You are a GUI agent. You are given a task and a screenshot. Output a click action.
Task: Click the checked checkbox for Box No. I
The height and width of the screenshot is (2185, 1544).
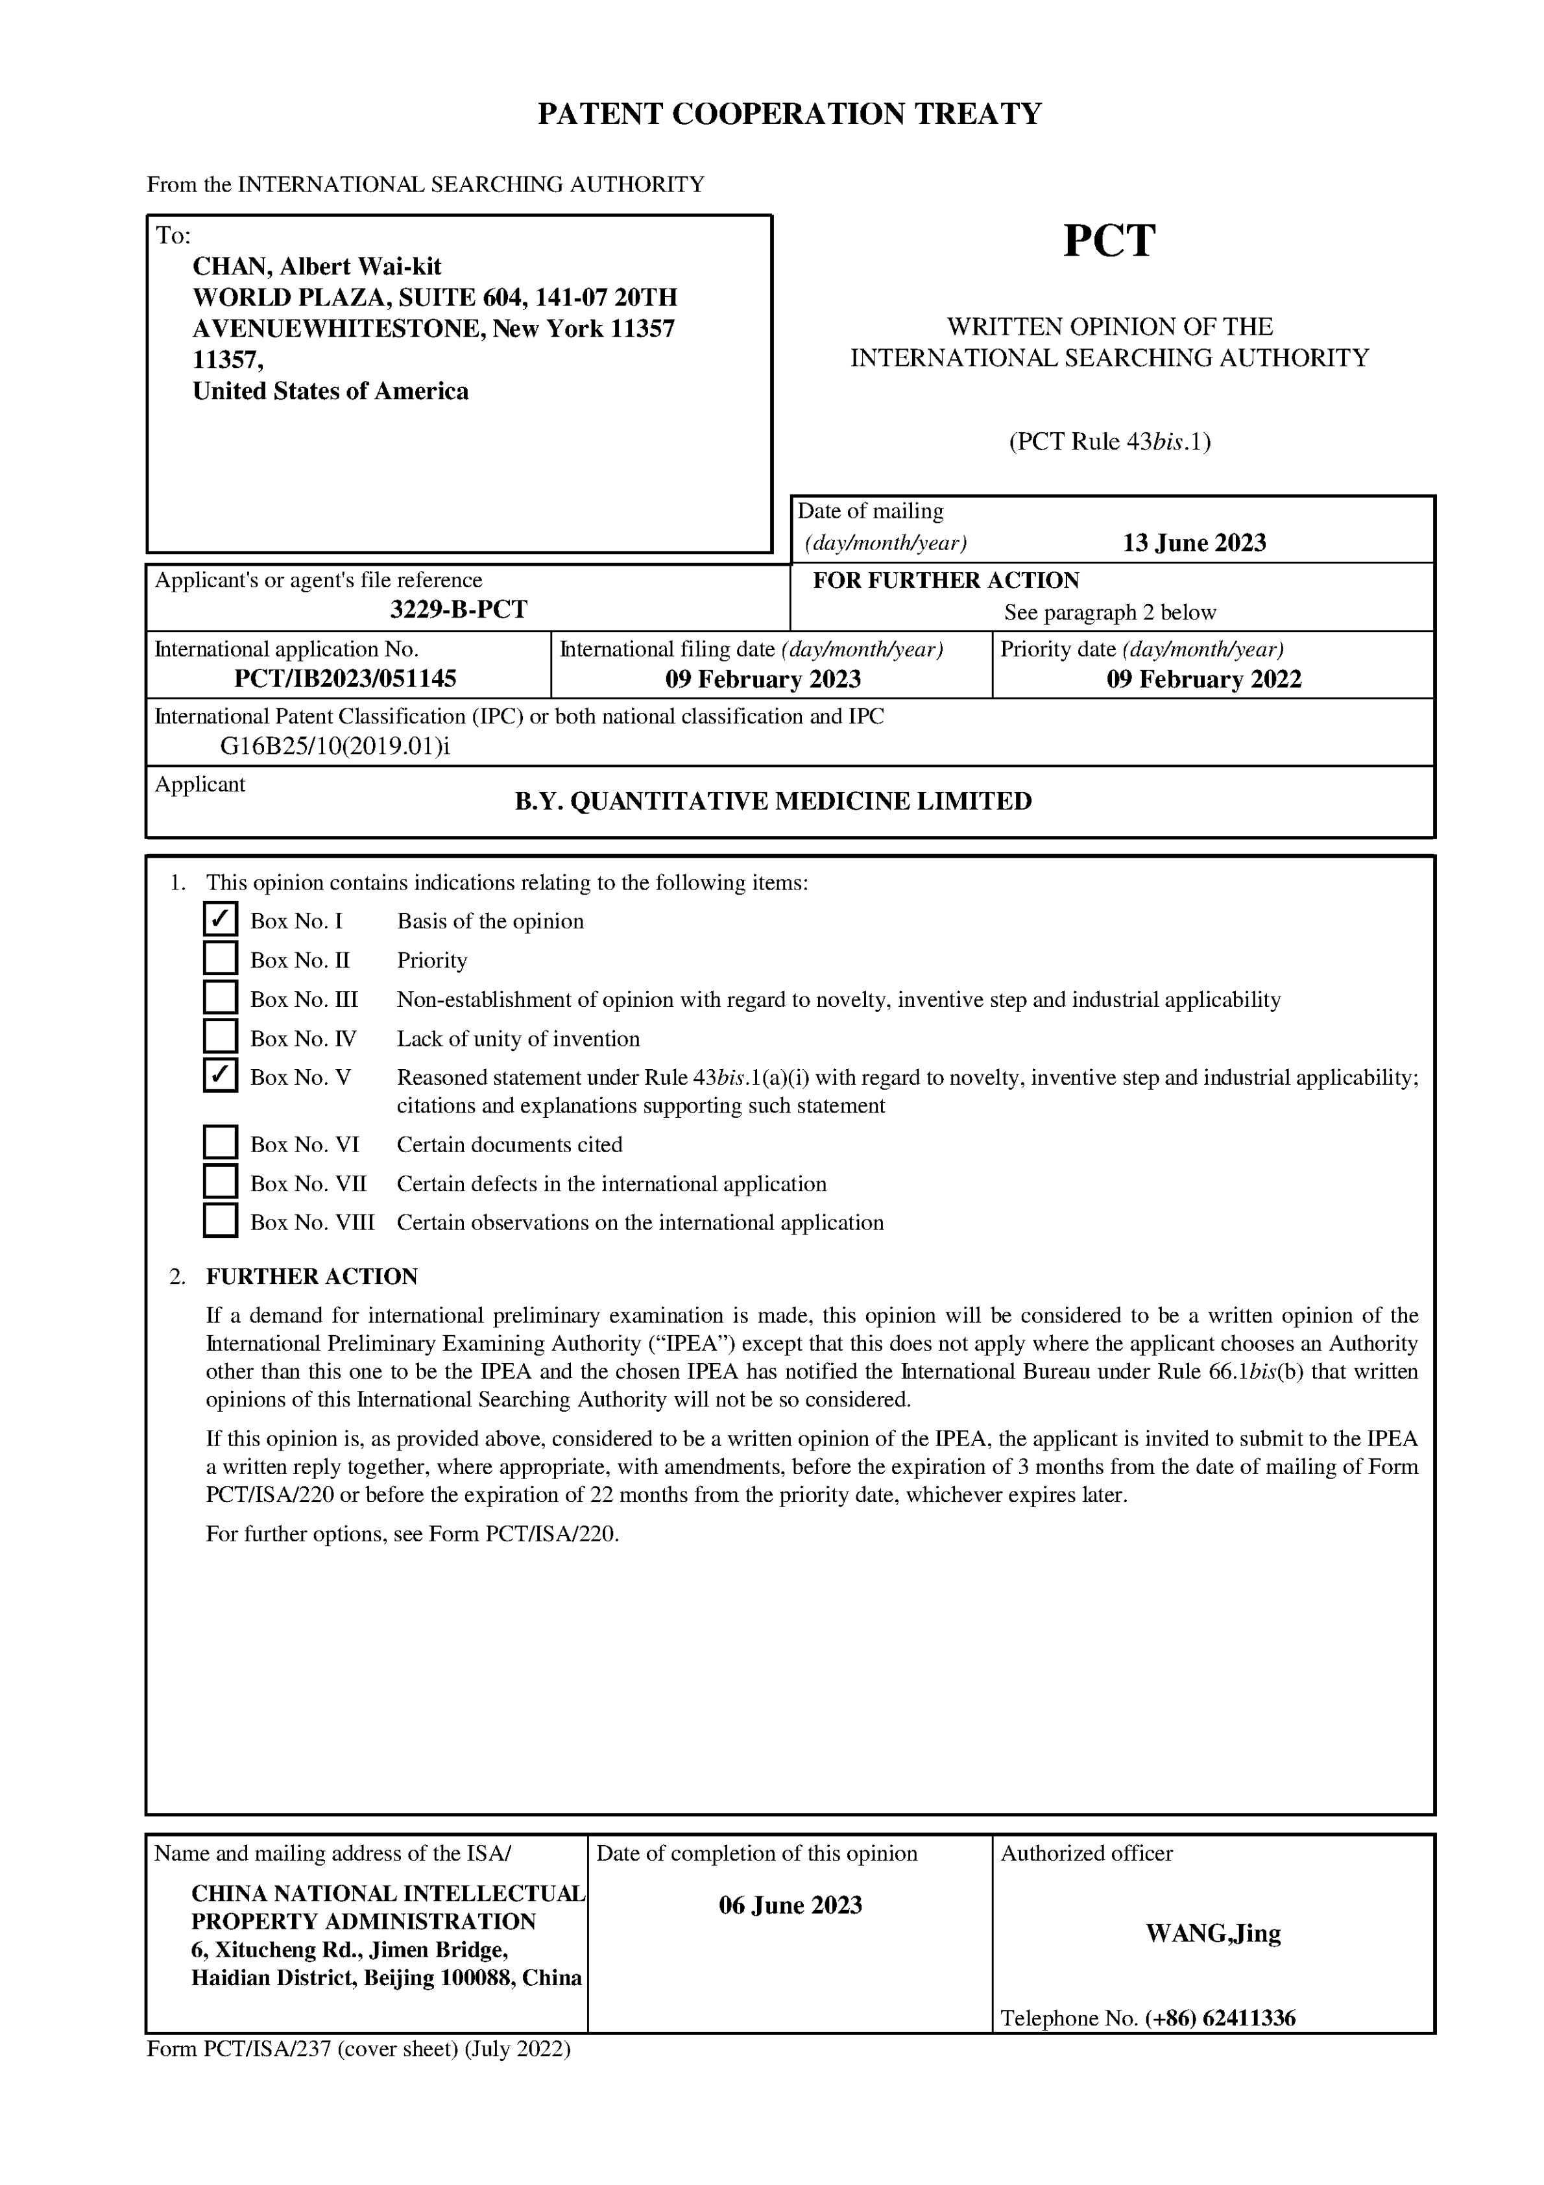[220, 919]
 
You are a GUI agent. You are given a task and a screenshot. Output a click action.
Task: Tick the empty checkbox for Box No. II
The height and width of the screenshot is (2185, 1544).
[220, 958]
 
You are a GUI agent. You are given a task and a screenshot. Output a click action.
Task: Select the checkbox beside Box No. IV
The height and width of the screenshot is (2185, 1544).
[220, 1035]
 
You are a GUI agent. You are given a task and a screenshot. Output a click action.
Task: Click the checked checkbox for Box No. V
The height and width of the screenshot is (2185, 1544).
[220, 1076]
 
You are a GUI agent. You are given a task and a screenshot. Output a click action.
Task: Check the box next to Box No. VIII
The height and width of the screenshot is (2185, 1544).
[220, 1220]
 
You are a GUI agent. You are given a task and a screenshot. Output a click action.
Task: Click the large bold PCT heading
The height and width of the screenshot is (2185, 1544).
[1109, 241]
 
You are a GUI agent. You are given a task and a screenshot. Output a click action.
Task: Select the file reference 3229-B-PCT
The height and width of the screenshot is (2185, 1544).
[458, 609]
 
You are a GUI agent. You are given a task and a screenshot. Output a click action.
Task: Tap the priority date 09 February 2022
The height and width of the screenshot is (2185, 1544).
[1203, 679]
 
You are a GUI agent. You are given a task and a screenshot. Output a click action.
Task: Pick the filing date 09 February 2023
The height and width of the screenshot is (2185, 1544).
[762, 679]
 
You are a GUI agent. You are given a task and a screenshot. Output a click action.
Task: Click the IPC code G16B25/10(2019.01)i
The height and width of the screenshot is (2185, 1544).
[334, 746]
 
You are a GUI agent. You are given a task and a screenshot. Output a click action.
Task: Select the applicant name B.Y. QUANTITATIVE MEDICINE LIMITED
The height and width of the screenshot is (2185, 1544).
[773, 801]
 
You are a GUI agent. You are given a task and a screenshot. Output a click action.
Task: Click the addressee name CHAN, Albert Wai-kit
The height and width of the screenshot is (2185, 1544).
[317, 267]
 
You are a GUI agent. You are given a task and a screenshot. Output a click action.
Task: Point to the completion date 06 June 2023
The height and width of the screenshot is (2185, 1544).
[790, 1905]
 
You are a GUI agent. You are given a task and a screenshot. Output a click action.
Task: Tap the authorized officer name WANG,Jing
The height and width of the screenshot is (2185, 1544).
[1212, 1934]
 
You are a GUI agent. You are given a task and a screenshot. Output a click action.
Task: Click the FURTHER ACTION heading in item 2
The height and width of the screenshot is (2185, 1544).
[311, 1276]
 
